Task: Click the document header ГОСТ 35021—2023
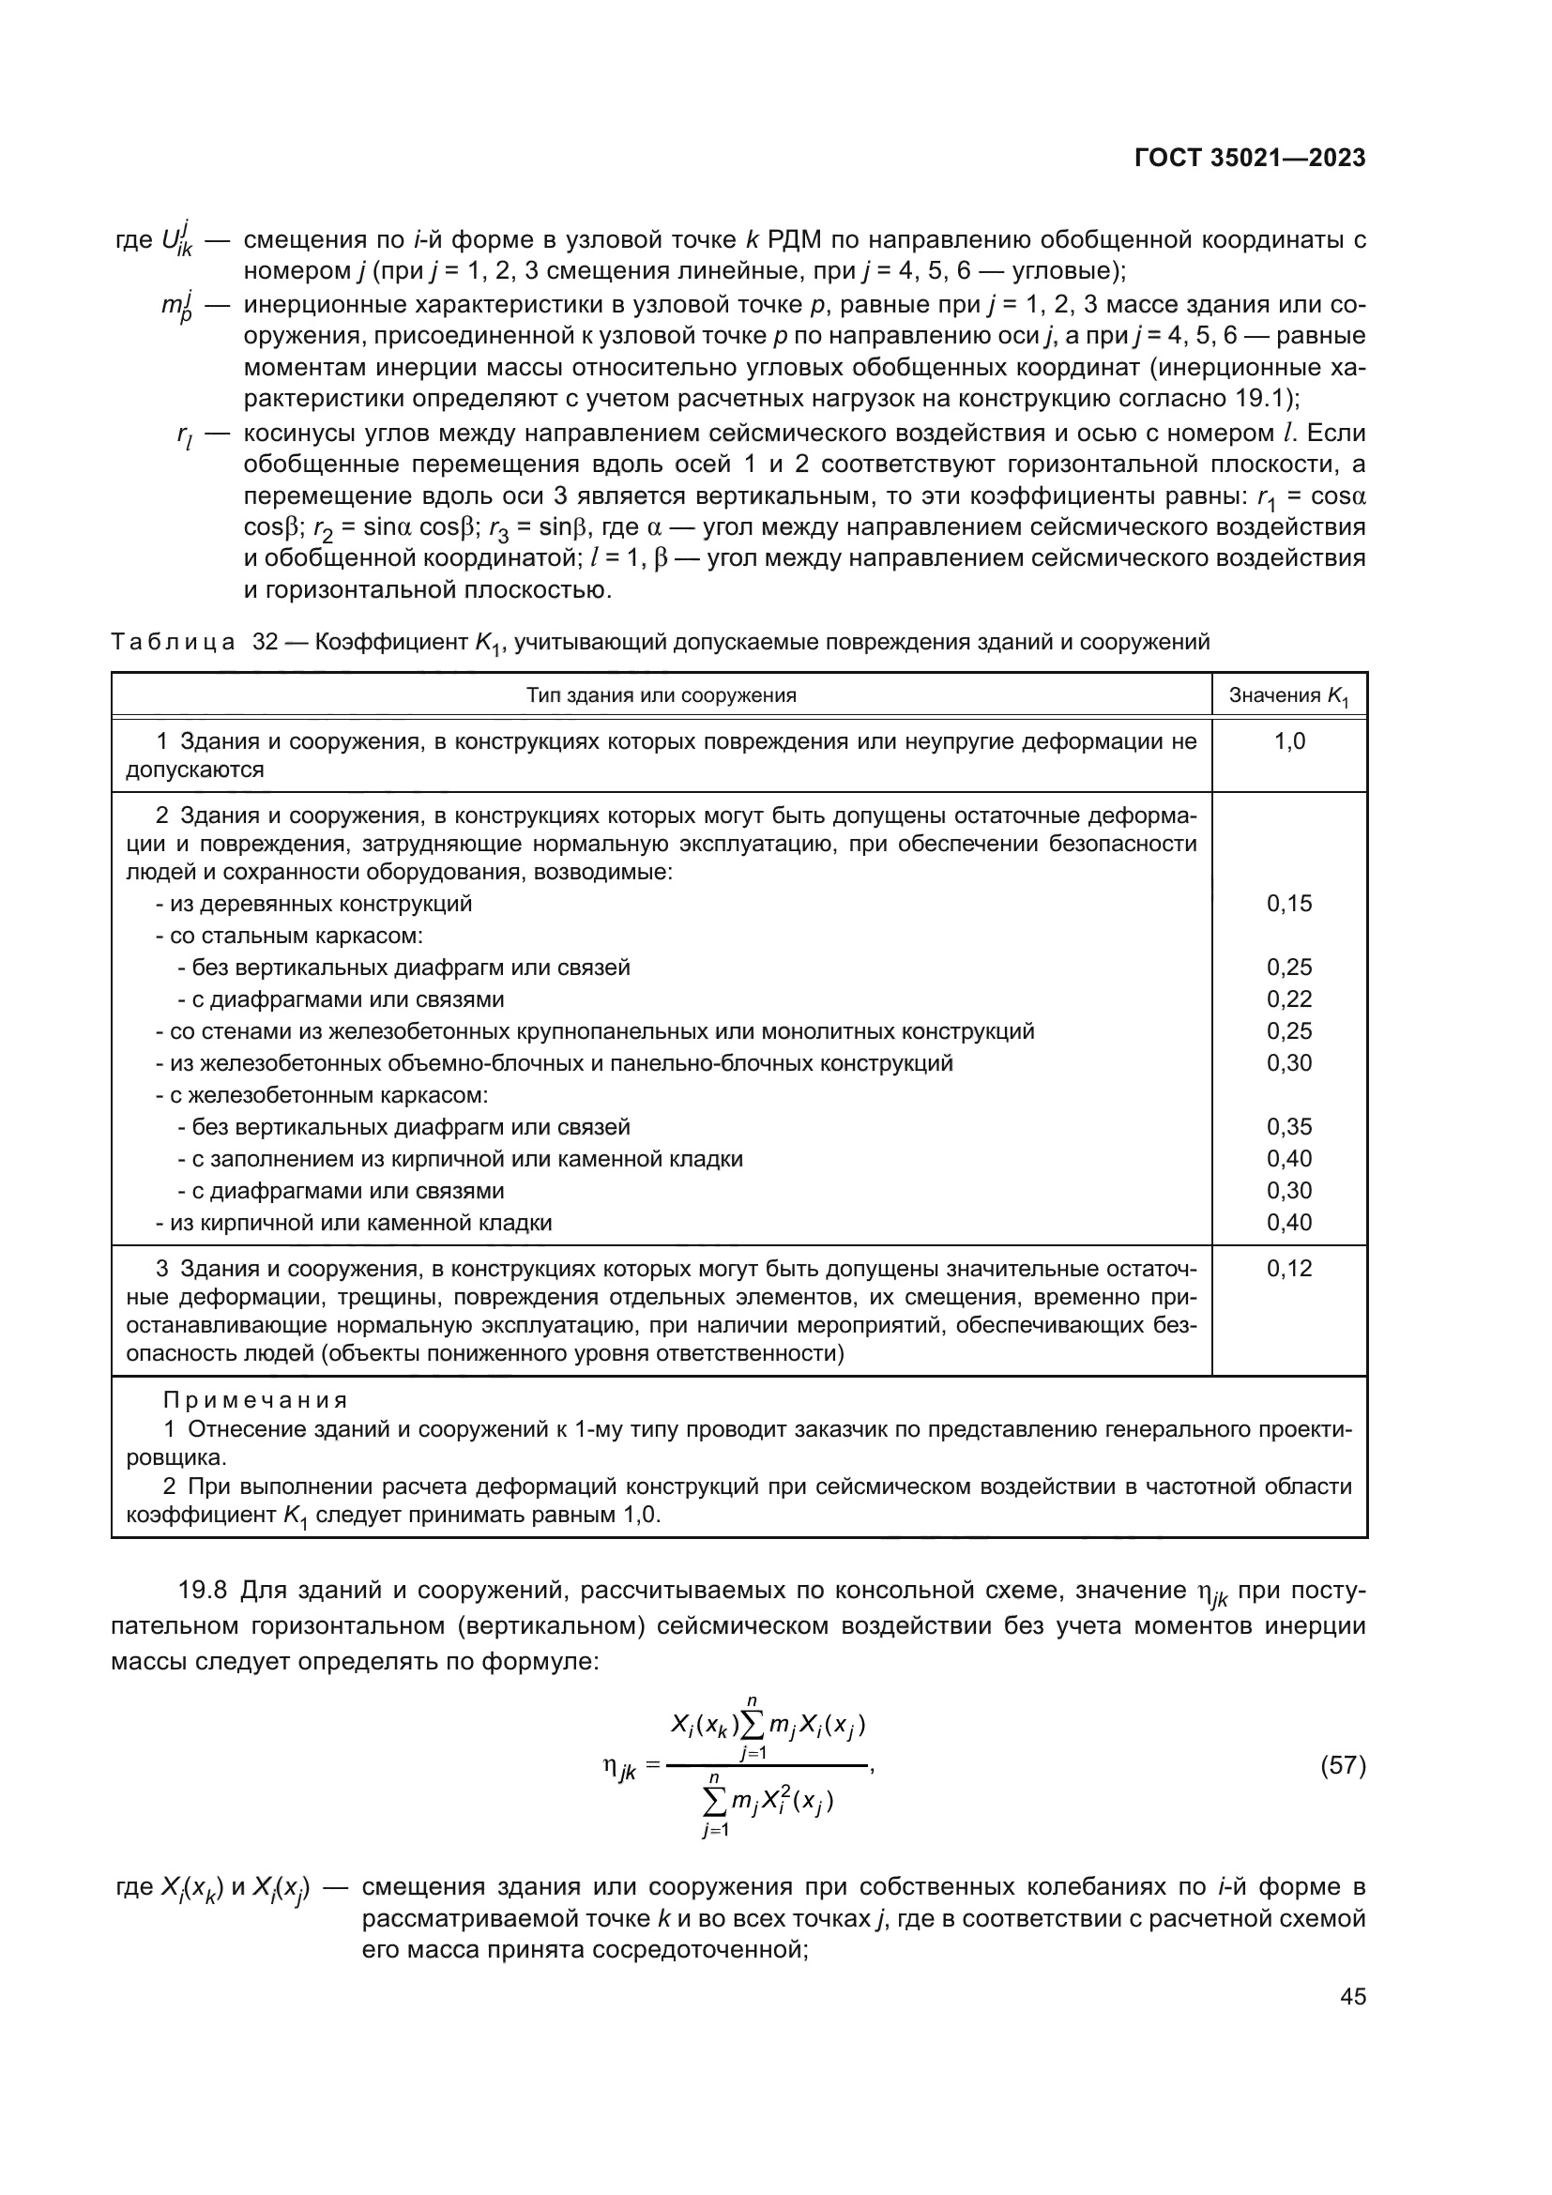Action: tap(1250, 159)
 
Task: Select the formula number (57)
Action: tap(1343, 1766)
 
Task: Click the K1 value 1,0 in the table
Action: tap(1289, 742)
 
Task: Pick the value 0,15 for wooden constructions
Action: tap(1289, 904)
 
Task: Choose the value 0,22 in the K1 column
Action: tap(1289, 999)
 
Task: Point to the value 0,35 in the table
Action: tap(1289, 1126)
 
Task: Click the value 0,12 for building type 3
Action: tap(1289, 1269)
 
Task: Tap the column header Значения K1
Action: tap(1289, 696)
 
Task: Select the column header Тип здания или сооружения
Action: tap(662, 695)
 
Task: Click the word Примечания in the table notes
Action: tap(255, 1400)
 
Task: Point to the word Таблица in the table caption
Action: tap(173, 642)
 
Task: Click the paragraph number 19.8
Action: tap(203, 1592)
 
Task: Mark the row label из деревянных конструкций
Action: tap(314, 904)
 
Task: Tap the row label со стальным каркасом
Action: tap(291, 935)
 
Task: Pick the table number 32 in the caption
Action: tap(265, 642)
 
